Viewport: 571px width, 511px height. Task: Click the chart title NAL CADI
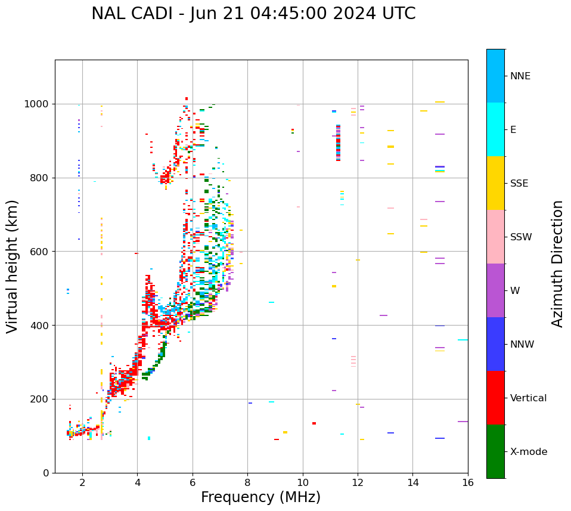(x=253, y=14)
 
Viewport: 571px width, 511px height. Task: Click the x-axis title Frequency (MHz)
(x=260, y=497)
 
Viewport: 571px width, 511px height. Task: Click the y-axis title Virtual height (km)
(x=13, y=267)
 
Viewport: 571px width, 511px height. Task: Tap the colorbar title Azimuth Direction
(x=557, y=264)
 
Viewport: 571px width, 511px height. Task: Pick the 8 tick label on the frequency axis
(x=248, y=483)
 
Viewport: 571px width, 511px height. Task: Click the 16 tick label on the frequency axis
(x=468, y=483)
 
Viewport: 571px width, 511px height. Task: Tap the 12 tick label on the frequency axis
(x=358, y=483)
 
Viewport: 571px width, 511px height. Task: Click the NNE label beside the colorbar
(x=520, y=76)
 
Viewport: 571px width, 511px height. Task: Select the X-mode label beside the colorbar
(x=528, y=452)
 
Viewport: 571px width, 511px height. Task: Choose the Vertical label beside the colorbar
(x=528, y=398)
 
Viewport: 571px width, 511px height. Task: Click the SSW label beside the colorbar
(x=521, y=237)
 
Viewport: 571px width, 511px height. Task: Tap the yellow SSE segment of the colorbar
(x=495, y=183)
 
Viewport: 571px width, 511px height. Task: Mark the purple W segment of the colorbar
(x=495, y=290)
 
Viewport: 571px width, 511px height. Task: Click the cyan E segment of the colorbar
(x=495, y=129)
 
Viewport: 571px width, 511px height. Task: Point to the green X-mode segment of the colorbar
(x=495, y=451)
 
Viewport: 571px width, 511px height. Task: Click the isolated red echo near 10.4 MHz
(x=314, y=423)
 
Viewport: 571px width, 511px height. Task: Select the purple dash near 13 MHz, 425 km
(x=383, y=315)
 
